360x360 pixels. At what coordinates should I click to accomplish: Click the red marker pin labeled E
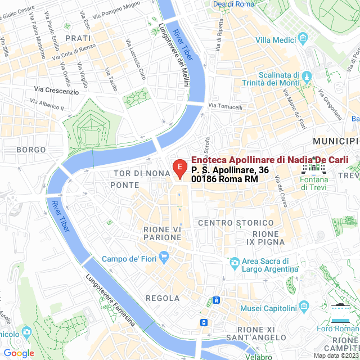pos(179,168)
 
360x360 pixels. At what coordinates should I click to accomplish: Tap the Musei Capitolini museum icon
pos(304,308)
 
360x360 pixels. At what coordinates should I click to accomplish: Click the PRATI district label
pos(78,38)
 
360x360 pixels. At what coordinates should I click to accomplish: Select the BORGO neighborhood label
pos(31,150)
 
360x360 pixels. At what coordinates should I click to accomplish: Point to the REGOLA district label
pos(163,298)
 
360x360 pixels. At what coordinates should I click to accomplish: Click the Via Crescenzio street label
pos(56,91)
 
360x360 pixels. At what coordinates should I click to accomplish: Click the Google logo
pos(19,353)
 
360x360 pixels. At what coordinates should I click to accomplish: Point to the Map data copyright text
pos(336,355)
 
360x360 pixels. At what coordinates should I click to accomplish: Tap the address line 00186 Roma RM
pos(224,178)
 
